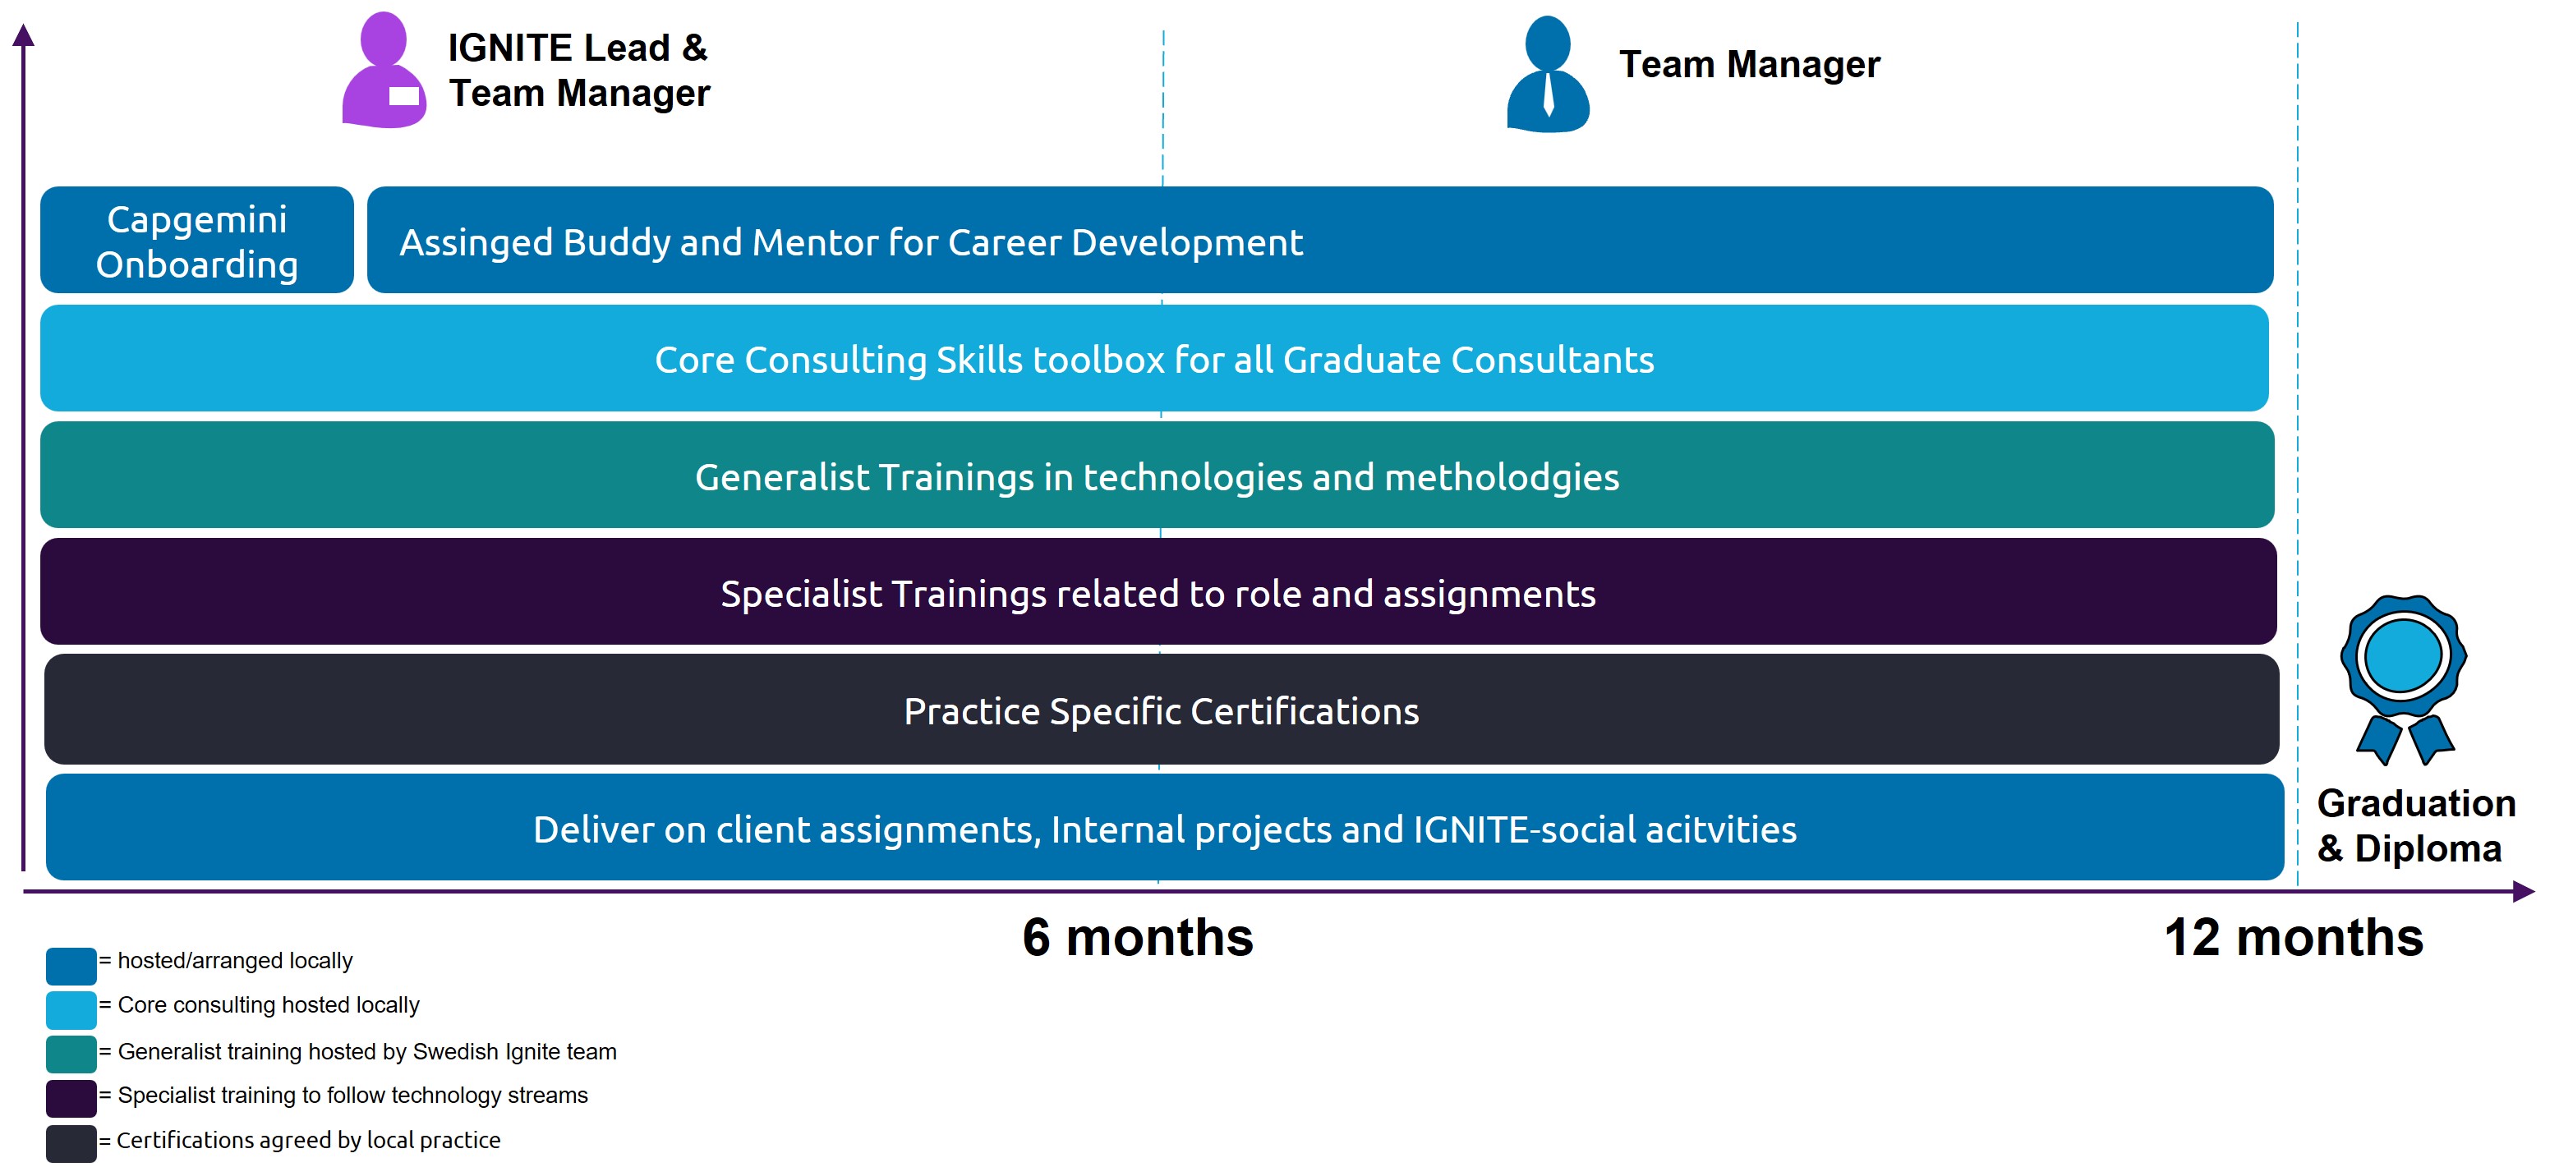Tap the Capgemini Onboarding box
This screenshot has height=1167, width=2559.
[x=196, y=241]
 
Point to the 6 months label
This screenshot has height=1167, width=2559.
[x=1138, y=936]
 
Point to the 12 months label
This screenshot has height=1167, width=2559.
[x=2293, y=936]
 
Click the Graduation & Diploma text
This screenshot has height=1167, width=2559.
[x=2415, y=825]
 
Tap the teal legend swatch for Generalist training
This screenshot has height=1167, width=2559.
[x=71, y=1053]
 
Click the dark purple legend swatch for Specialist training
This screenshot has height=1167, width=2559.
[x=71, y=1097]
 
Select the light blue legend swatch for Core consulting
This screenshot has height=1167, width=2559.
[x=71, y=1009]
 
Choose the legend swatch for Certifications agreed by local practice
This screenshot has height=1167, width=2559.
[x=71, y=1142]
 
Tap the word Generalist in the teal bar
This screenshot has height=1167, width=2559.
[x=780, y=478]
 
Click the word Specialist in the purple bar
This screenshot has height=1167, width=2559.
[x=801, y=594]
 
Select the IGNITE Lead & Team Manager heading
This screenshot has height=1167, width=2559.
[x=578, y=70]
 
